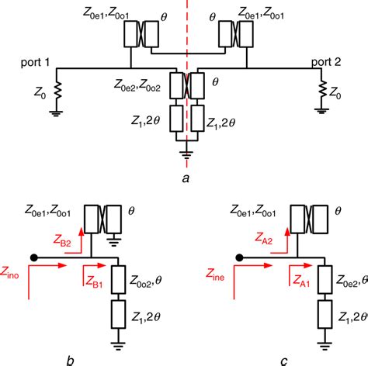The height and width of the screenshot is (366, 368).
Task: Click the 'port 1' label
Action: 37,60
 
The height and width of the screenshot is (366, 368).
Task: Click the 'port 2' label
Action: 332,60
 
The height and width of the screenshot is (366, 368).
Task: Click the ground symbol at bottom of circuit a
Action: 186,154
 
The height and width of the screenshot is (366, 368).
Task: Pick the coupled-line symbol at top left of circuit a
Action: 144,35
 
